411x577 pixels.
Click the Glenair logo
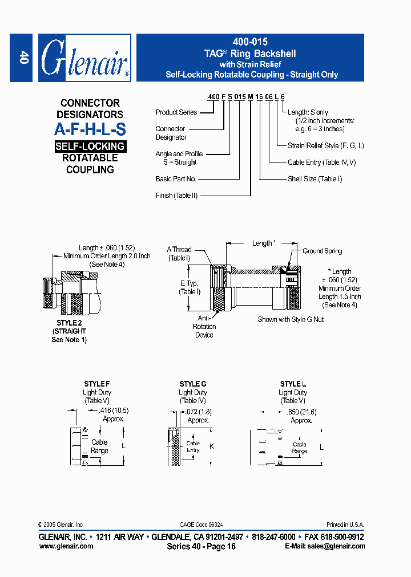[x=84, y=58]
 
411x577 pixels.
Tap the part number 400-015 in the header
[x=250, y=42]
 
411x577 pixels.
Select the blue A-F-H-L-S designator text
[x=90, y=129]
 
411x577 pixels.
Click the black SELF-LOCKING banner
[x=90, y=146]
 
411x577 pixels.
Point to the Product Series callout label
[x=176, y=112]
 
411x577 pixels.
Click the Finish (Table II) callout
[x=176, y=196]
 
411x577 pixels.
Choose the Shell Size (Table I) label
[x=315, y=179]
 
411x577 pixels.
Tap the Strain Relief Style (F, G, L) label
[x=325, y=145]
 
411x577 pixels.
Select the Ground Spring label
[x=323, y=251]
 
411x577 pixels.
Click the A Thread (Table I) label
[x=179, y=254]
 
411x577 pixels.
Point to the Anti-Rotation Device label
[x=204, y=327]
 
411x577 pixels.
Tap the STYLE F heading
[x=97, y=384]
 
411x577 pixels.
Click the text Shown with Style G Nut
[x=291, y=319]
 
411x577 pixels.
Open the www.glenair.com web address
[x=66, y=546]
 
